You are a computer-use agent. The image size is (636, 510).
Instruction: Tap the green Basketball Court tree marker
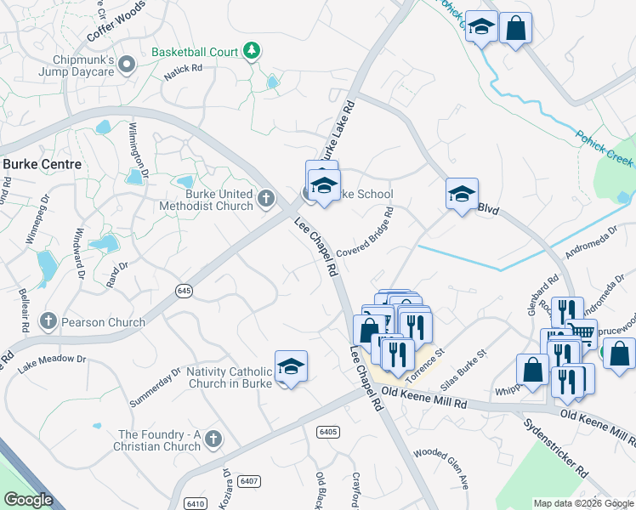252,52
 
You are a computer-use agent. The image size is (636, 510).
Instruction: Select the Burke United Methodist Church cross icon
266,199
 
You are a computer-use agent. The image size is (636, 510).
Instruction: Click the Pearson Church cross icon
48,320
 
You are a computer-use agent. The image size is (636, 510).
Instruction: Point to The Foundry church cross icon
213,439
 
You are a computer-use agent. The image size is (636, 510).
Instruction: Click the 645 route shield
185,290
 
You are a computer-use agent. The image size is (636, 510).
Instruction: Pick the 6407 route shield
249,481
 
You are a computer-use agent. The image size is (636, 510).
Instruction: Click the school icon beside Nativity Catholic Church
291,366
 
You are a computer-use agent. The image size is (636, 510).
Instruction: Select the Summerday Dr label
156,387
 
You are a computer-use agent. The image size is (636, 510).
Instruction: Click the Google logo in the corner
28,500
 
